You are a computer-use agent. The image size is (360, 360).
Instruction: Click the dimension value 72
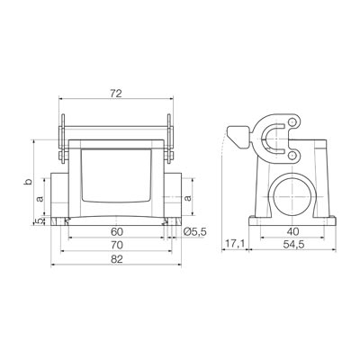click(116, 94)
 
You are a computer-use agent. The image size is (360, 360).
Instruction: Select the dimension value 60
click(117, 231)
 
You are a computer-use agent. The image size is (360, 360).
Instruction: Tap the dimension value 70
click(117, 245)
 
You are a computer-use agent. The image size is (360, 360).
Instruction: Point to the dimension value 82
click(117, 259)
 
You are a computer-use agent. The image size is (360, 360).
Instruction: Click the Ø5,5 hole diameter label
click(194, 231)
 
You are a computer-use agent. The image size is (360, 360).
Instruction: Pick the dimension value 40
click(292, 231)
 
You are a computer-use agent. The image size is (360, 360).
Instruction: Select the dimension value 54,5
click(293, 245)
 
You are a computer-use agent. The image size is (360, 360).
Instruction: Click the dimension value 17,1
click(235, 245)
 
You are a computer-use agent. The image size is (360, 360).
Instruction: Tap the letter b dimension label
click(28, 182)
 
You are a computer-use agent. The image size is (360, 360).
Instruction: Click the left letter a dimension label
click(40, 198)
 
